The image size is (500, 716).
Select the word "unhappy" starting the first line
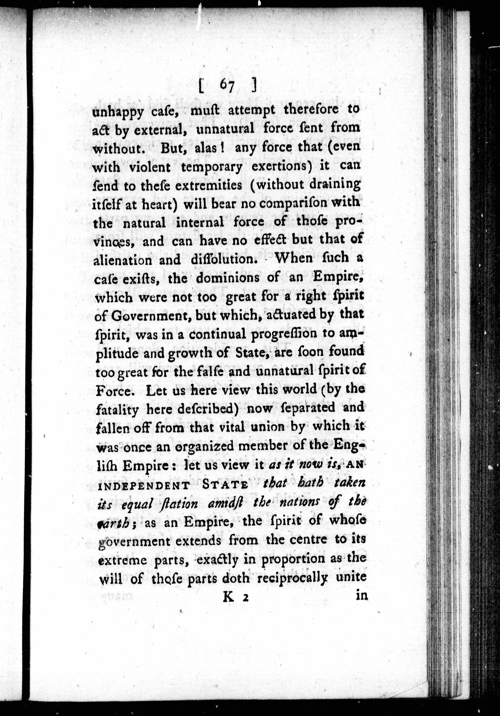click(x=118, y=112)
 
